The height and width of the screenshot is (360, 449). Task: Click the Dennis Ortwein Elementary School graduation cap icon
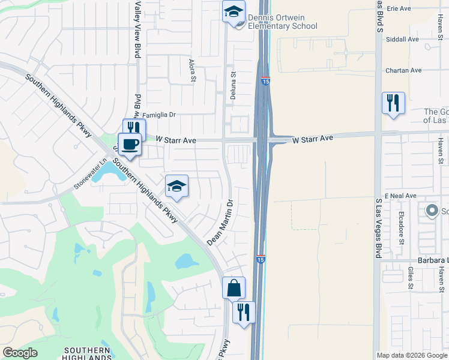[x=234, y=11]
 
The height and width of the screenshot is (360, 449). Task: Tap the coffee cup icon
[x=129, y=144]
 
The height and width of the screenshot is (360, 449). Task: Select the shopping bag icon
[x=233, y=288]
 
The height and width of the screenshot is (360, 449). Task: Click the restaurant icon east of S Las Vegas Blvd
[x=393, y=103]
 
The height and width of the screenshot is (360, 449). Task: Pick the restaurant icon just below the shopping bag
[x=244, y=312]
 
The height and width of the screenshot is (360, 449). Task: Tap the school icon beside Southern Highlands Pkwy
[x=177, y=187]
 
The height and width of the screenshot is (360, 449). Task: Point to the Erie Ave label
[x=399, y=8]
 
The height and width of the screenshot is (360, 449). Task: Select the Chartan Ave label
[x=404, y=70]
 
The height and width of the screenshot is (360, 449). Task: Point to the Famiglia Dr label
[x=158, y=113]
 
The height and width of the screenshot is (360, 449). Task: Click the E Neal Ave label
[x=401, y=196]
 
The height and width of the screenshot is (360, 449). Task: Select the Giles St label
[x=411, y=279]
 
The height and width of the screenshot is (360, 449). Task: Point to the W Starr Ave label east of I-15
[x=313, y=139]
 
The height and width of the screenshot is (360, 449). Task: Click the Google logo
[x=20, y=353]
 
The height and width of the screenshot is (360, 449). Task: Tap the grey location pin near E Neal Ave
[x=432, y=211]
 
